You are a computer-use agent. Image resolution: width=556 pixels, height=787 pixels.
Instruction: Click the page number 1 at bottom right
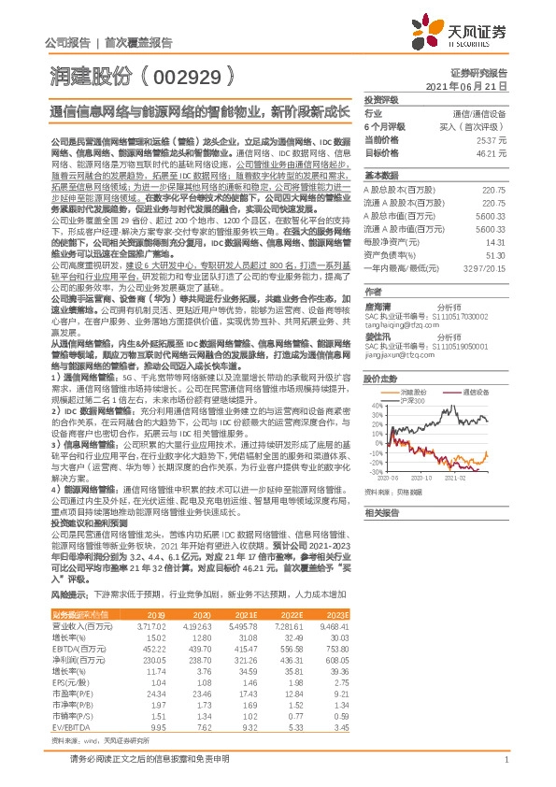click(x=505, y=763)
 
